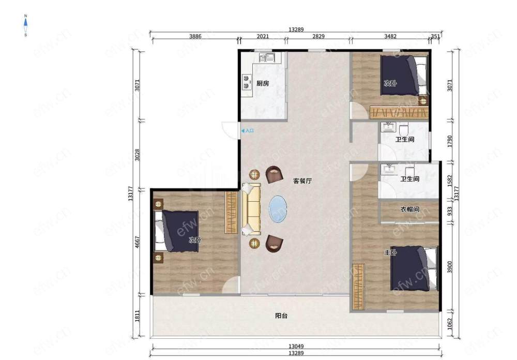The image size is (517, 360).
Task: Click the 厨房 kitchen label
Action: [x=263, y=83]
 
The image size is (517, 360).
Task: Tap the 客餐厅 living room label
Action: [x=302, y=181]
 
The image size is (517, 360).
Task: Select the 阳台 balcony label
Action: [x=281, y=316]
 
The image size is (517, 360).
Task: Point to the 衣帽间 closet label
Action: [x=410, y=209]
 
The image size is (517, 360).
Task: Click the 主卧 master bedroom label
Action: [x=390, y=252]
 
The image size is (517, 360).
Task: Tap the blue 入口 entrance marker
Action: [x=248, y=131]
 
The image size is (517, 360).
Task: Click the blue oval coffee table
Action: [x=278, y=209]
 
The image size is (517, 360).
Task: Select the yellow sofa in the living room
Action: [x=251, y=209]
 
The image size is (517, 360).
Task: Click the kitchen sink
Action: [x=267, y=58]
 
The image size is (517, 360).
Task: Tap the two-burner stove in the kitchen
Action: [x=246, y=82]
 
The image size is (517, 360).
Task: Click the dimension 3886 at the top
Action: [x=195, y=36]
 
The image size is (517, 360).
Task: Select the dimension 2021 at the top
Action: [x=263, y=36]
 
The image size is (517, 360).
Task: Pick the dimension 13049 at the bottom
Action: [x=296, y=347]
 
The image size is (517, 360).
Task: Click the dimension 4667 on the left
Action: [x=138, y=242]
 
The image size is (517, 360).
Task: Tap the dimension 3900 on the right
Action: [x=450, y=267]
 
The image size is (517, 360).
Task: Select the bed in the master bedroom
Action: [x=415, y=268]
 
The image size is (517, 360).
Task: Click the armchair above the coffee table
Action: [x=275, y=174]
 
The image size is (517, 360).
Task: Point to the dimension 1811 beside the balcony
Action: [x=138, y=316]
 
